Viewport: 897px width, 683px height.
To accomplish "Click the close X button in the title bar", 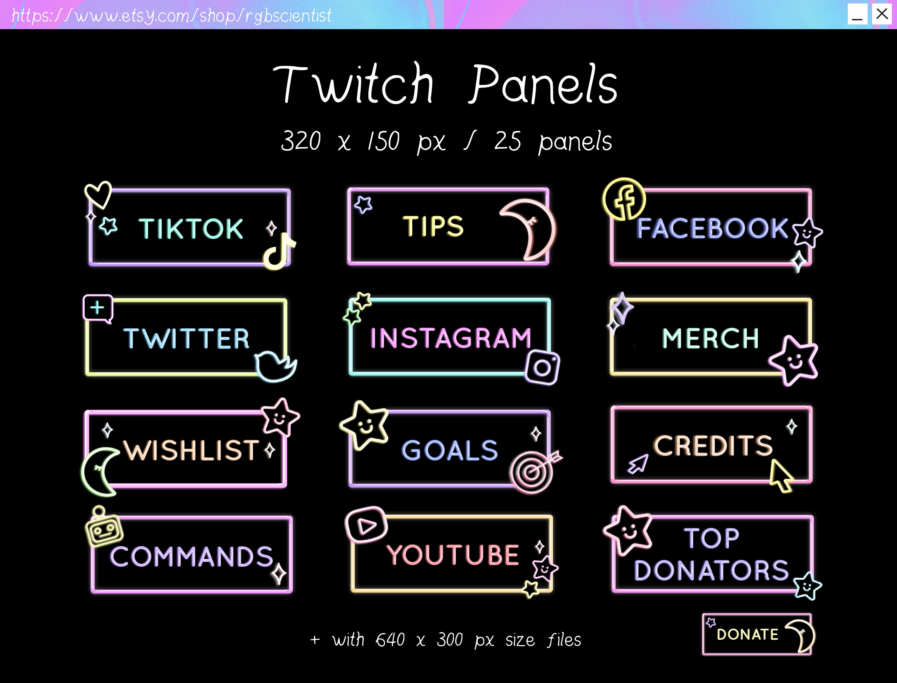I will tap(881, 14).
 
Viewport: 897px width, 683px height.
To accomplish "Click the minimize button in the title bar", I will tap(857, 15).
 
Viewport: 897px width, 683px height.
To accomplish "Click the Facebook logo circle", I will tap(624, 199).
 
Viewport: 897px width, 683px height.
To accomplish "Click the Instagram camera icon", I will tap(542, 367).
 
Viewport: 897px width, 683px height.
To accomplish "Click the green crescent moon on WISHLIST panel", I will tap(98, 472).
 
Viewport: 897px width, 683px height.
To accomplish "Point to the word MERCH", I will tap(710, 338).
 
